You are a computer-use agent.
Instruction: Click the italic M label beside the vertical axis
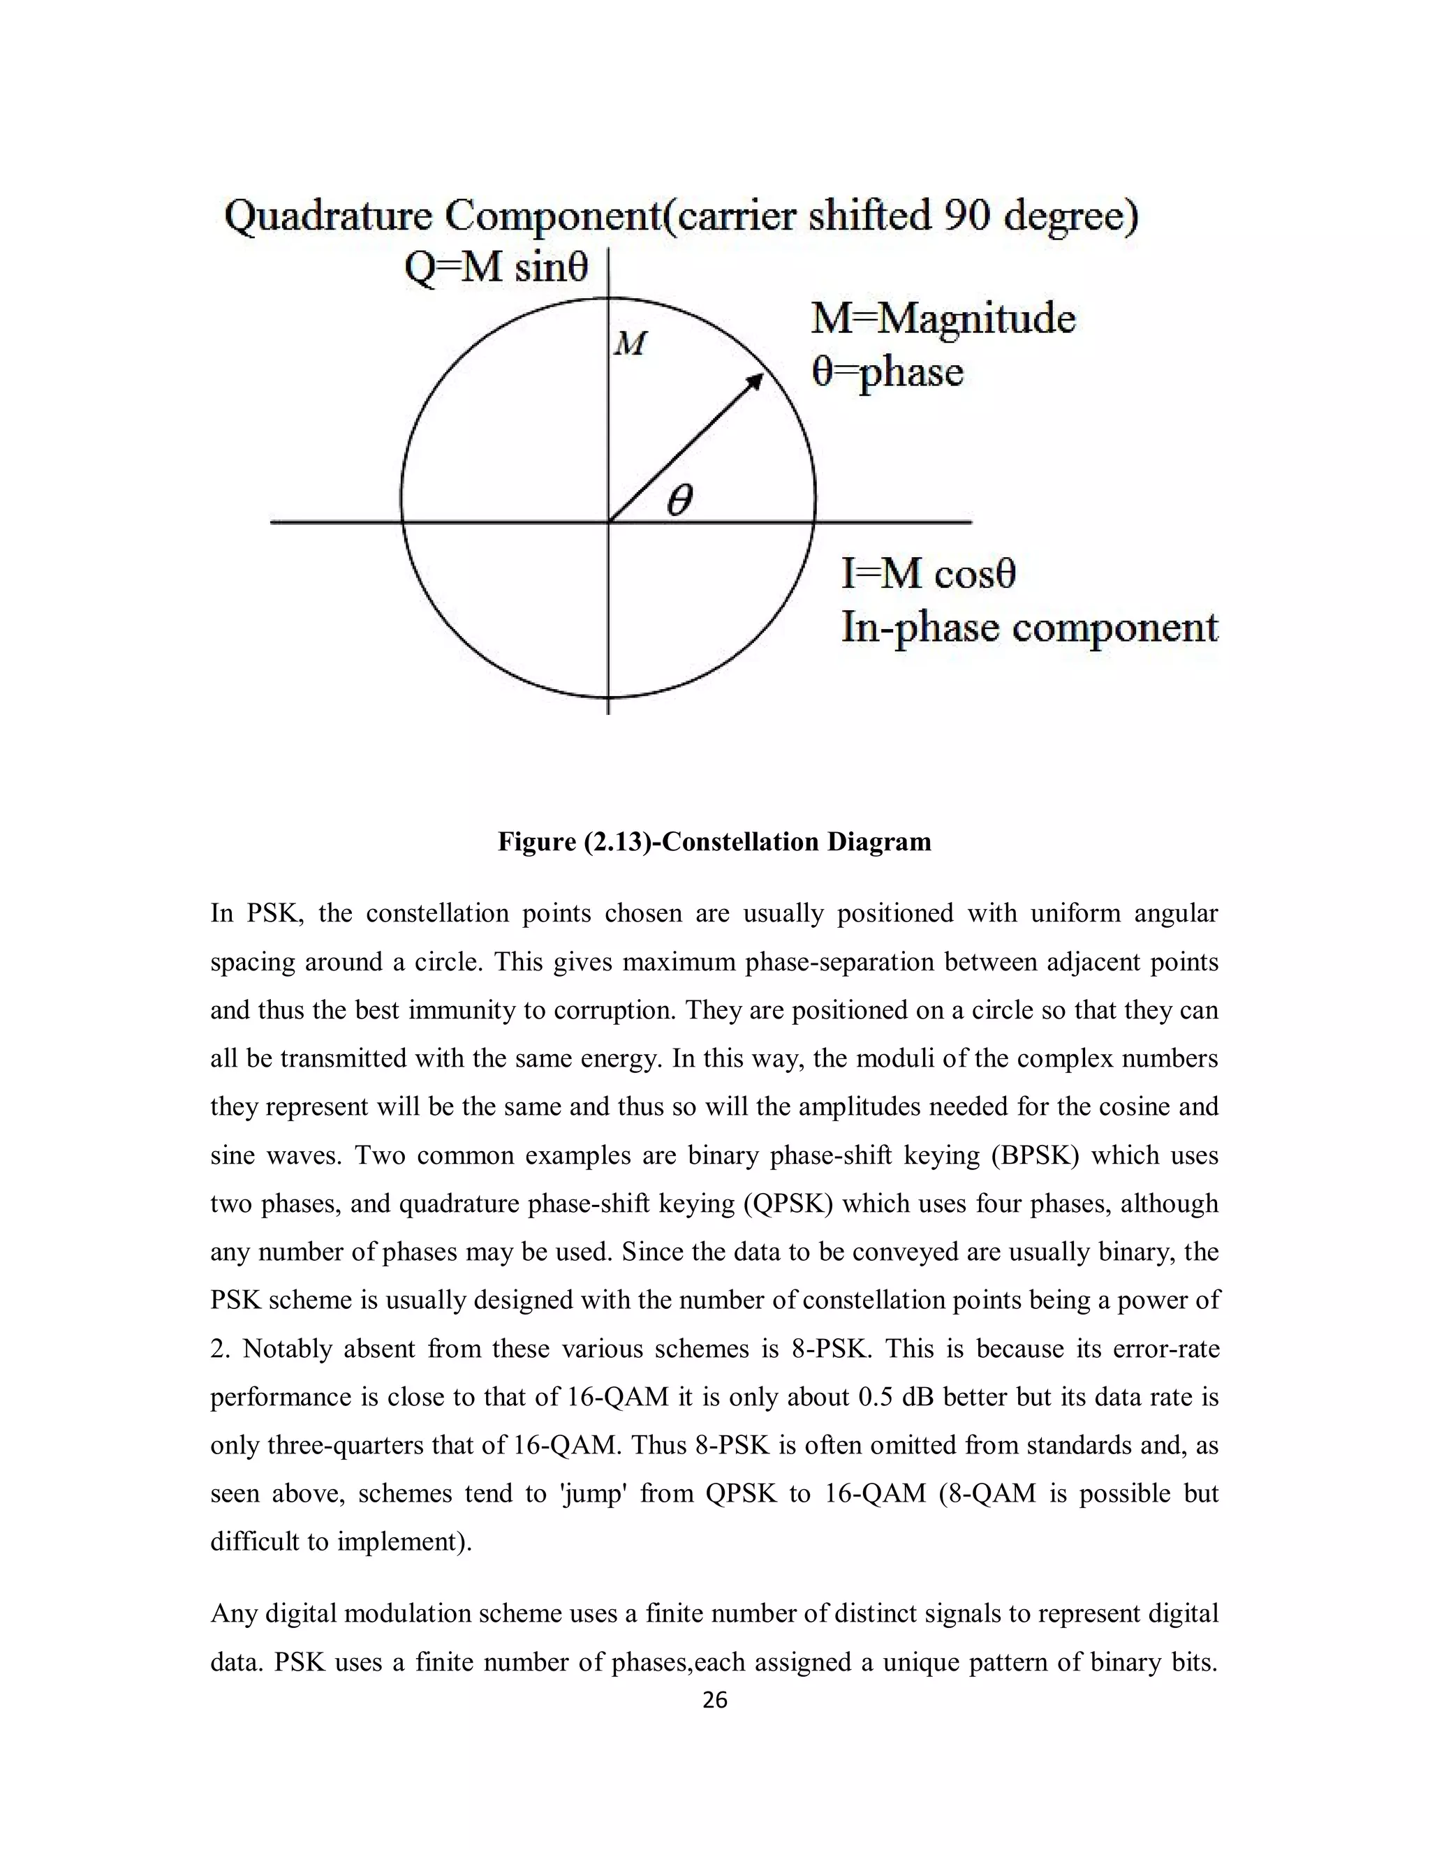631,343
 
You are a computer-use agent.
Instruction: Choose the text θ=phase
887,372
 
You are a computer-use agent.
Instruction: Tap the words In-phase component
1029,627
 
